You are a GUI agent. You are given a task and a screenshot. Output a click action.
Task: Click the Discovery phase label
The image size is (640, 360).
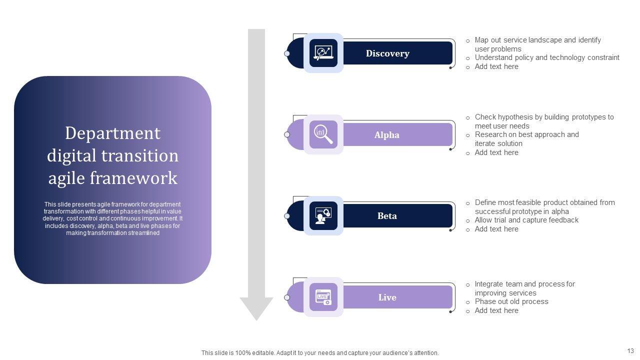pyautogui.click(x=387, y=53)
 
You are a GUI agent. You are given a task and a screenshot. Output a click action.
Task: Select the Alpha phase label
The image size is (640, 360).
pyautogui.click(x=387, y=135)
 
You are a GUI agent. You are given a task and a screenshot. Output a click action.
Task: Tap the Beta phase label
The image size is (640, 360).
pyautogui.click(x=387, y=216)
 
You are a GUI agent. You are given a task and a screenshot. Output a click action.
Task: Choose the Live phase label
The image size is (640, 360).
pyautogui.click(x=387, y=297)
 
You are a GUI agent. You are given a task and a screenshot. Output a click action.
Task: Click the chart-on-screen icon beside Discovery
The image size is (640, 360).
pyautogui.click(x=323, y=53)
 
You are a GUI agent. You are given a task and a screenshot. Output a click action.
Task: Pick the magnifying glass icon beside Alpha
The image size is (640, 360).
pyautogui.click(x=323, y=134)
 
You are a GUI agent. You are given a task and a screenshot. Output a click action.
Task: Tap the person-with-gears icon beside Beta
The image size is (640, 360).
pyautogui.click(x=323, y=216)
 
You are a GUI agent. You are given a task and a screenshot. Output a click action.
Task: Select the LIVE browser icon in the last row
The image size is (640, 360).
pyautogui.click(x=323, y=297)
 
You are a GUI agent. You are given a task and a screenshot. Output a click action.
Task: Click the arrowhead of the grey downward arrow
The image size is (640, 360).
pyautogui.click(x=256, y=308)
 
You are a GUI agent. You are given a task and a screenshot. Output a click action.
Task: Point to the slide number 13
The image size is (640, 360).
pyautogui.click(x=630, y=351)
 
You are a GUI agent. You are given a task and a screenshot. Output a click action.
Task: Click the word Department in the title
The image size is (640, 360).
pyautogui.click(x=112, y=133)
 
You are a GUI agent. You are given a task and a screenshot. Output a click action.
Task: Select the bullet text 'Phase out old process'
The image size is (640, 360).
pyautogui.click(x=511, y=301)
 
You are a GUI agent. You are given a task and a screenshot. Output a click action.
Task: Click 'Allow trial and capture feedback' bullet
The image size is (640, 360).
pyautogui.click(x=526, y=220)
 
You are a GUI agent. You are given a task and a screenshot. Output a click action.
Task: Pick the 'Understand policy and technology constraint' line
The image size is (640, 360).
pyautogui.click(x=547, y=57)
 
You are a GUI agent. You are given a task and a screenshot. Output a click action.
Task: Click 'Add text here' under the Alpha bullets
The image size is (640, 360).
pyautogui.click(x=496, y=152)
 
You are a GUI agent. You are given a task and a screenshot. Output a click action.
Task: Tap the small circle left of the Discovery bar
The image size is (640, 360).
pyautogui.click(x=287, y=53)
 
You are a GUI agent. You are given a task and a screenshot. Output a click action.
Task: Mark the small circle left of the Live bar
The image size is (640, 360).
pyautogui.click(x=287, y=297)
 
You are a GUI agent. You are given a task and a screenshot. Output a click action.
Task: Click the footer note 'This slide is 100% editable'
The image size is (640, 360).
pyautogui.click(x=320, y=353)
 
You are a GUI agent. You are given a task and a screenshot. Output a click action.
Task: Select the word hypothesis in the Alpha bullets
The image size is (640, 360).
pyautogui.click(x=513, y=117)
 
